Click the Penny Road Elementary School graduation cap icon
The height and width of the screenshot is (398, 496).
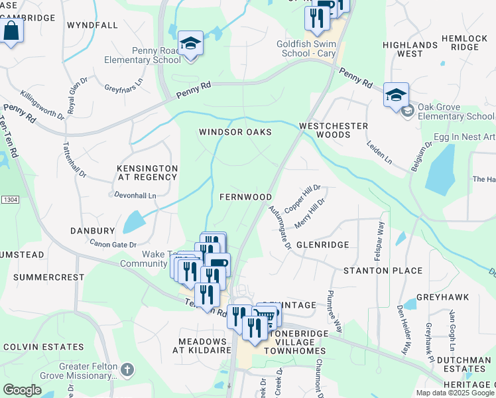coord(190,44)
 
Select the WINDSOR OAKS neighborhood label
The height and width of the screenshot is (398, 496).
coord(235,132)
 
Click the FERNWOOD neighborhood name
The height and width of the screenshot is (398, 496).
coord(245,197)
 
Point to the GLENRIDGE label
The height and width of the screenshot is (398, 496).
coord(322,245)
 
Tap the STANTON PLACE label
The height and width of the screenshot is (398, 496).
coord(383,271)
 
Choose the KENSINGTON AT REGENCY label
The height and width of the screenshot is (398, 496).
coord(147,173)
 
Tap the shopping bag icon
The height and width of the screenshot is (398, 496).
coord(11,31)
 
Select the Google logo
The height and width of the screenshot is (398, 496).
coord(23,390)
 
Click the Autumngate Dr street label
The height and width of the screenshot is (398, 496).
coord(280,226)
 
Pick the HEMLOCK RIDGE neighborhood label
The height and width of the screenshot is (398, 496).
coord(464,43)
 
